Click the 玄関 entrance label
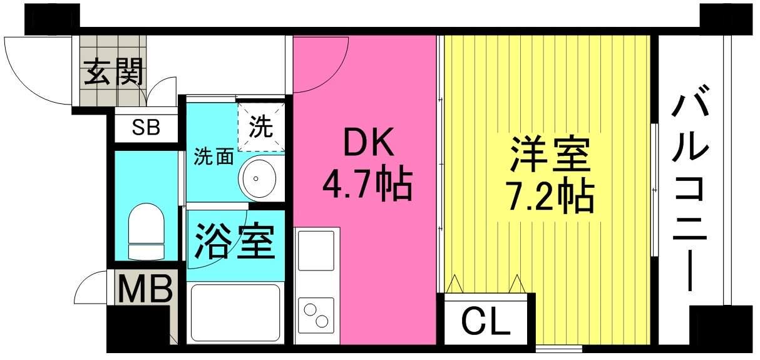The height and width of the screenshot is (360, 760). [x=114, y=72]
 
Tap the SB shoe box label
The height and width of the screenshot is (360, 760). [x=146, y=128]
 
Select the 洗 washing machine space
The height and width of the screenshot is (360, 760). [x=261, y=127]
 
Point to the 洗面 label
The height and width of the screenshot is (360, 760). [x=213, y=157]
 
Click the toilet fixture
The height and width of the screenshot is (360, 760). [x=145, y=232]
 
